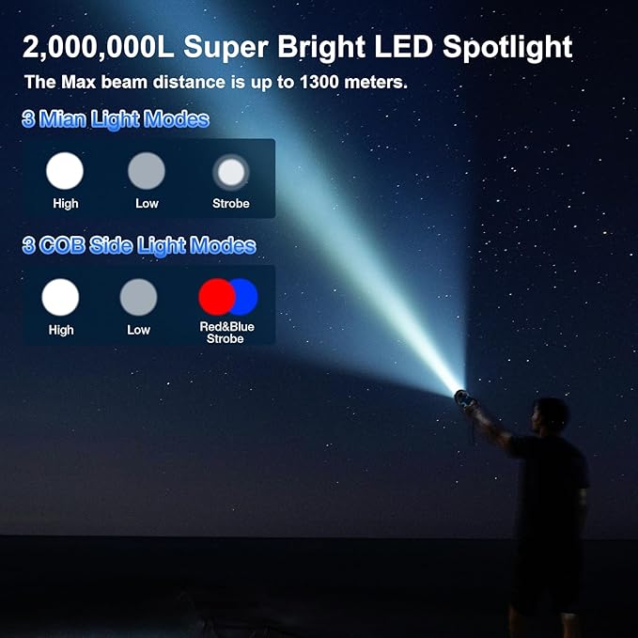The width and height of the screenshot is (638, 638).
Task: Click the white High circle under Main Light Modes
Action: pyautogui.click(x=65, y=171)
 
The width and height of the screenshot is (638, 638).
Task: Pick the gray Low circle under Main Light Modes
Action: pyautogui.click(x=147, y=171)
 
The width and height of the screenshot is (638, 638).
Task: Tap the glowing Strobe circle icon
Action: pyautogui.click(x=230, y=172)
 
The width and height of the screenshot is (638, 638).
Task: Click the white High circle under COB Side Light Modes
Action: pyautogui.click(x=61, y=297)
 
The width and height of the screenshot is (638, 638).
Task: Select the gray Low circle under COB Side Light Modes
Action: pyautogui.click(x=138, y=297)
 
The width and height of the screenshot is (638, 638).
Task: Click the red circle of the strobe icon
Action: pyautogui.click(x=215, y=297)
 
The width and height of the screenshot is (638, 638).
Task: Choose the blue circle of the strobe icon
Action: pyautogui.click(x=241, y=297)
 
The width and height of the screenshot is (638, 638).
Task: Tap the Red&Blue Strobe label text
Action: pyautogui.click(x=226, y=333)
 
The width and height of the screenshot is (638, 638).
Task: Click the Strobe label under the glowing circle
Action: pyautogui.click(x=230, y=204)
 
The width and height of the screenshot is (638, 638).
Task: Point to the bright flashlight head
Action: pyautogui.click(x=460, y=392)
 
